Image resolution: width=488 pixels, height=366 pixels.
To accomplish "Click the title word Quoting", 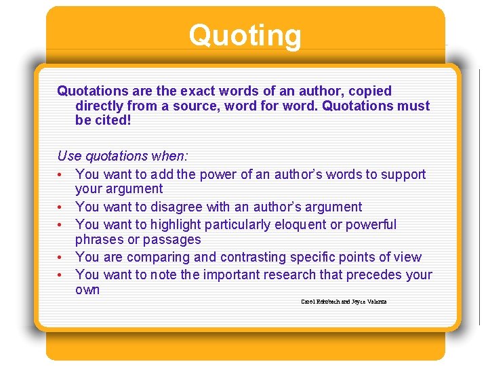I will (245, 35).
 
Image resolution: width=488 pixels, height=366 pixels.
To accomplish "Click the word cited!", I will (111, 121).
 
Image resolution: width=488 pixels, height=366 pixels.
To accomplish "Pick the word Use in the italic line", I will (69, 156).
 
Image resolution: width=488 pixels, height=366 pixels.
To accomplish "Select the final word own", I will (87, 289).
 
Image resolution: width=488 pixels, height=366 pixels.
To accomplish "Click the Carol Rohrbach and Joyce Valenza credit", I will (344, 302).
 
